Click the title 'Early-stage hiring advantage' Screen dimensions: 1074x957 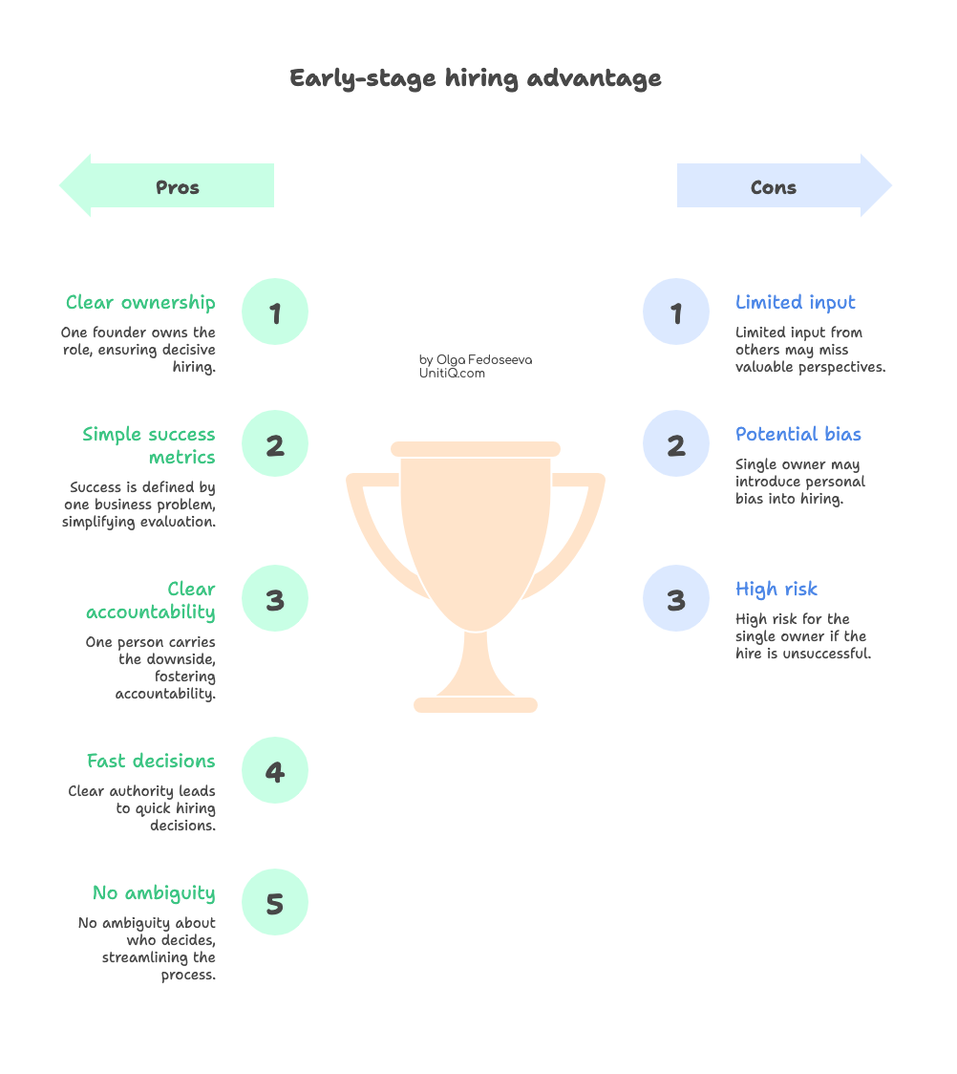pos(476,78)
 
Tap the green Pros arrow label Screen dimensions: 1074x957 pos(178,186)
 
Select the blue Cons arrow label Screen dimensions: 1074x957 pos(774,186)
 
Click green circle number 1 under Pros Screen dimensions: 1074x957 pos(275,312)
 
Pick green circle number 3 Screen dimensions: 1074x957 pos(275,599)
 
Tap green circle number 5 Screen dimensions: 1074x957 pos(275,903)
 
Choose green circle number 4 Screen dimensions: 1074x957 pos(275,771)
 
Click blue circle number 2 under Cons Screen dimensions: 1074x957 pos(676,444)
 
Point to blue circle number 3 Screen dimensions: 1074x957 pos(676,599)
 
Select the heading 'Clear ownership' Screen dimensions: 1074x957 pos(141,303)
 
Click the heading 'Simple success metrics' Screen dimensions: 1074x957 pos(150,446)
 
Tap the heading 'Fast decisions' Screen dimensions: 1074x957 pos(151,762)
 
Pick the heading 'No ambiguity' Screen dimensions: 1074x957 pos(154,893)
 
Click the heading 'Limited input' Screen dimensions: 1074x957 pos(796,303)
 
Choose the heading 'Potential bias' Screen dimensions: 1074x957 pos(798,435)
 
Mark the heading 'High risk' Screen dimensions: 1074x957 pos(776,590)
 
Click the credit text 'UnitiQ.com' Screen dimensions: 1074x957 pos(452,374)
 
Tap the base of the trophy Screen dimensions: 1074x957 pos(476,705)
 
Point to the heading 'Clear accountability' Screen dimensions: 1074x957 pos(151,601)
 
